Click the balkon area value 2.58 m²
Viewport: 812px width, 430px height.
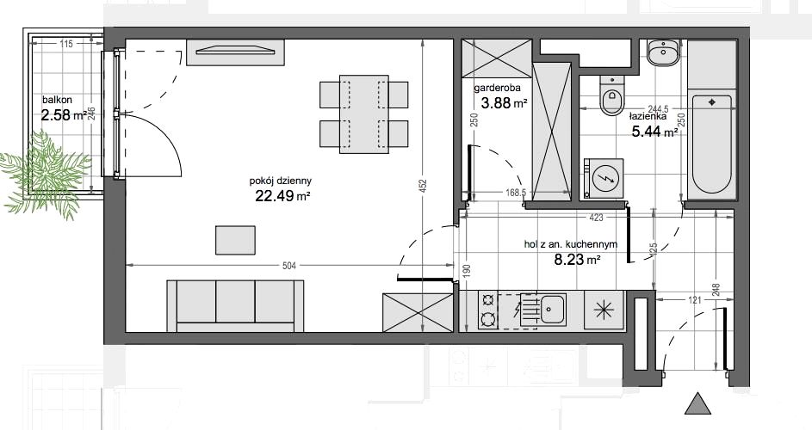click(x=63, y=115)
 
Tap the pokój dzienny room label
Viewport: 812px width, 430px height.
click(x=280, y=181)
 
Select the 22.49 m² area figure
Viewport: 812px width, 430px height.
click(x=282, y=195)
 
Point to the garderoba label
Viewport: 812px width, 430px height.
click(x=497, y=88)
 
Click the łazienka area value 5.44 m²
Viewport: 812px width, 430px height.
click(x=654, y=132)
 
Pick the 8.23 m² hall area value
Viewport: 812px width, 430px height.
click(x=577, y=260)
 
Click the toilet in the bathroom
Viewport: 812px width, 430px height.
click(x=611, y=95)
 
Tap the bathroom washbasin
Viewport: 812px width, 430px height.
click(x=662, y=52)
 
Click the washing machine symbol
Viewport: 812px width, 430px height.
click(x=604, y=178)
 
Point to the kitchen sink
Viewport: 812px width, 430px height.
click(x=551, y=310)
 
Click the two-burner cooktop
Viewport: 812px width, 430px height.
click(x=487, y=310)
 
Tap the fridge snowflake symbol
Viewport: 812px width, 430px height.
click(x=604, y=310)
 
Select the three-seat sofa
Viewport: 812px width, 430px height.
click(x=235, y=306)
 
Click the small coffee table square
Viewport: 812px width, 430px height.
click(x=235, y=240)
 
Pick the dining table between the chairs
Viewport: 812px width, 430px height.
click(x=364, y=114)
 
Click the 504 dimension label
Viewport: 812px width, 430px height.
click(x=289, y=266)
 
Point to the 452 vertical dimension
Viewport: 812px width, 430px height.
click(x=423, y=186)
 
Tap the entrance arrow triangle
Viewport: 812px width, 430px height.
click(x=698, y=403)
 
